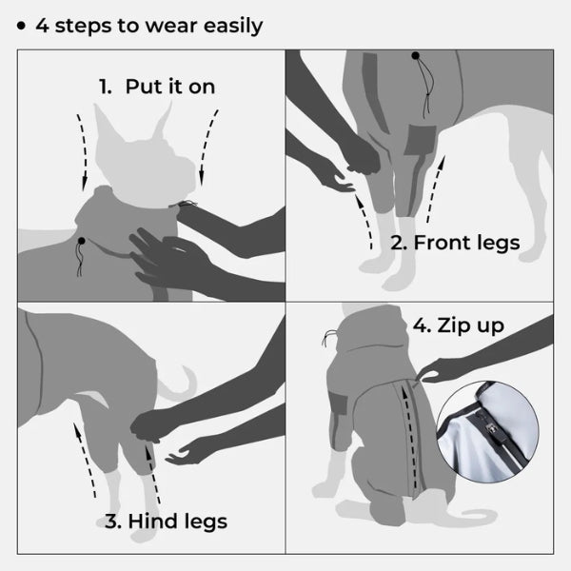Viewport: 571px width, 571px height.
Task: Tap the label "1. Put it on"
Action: (x=157, y=87)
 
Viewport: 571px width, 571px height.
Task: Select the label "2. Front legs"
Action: (x=455, y=243)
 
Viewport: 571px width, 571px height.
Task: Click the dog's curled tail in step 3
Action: (x=176, y=381)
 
